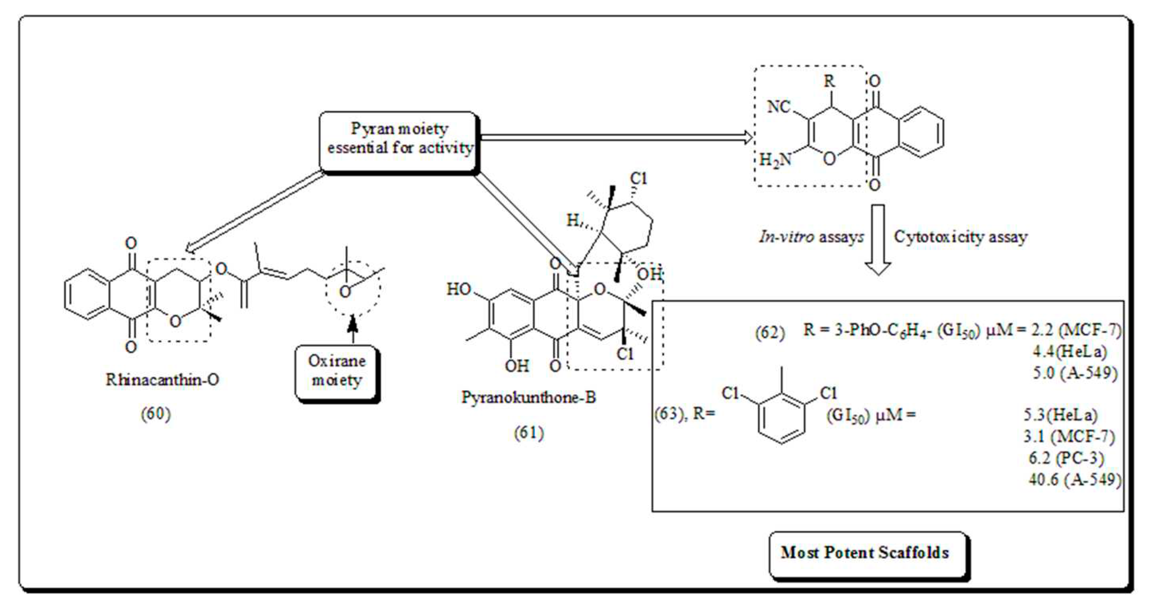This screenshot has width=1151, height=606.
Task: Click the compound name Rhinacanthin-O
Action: click(162, 380)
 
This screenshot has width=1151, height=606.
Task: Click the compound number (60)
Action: click(156, 414)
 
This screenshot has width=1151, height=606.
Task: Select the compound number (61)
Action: click(529, 432)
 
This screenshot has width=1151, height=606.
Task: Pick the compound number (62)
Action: click(769, 333)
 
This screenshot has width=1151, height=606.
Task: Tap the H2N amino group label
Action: click(775, 160)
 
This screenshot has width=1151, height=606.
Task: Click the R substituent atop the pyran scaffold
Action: click(829, 81)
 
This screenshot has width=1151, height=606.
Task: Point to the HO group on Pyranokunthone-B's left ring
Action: click(459, 289)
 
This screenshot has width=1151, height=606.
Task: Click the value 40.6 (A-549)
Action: click(1075, 480)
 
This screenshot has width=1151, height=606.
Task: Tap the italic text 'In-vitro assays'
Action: click(811, 237)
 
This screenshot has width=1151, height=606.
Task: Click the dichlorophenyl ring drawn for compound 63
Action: click(781, 418)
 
